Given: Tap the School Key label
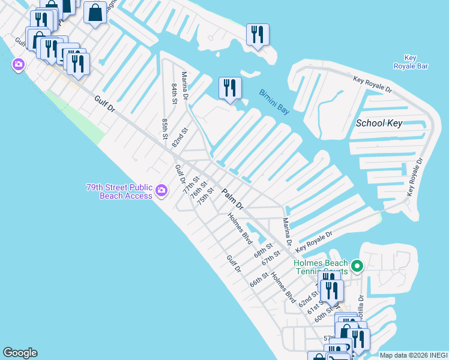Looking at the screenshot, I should [x=379, y=123].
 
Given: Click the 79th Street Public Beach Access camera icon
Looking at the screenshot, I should [x=161, y=191].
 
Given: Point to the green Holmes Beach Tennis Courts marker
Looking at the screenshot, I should [x=357, y=265].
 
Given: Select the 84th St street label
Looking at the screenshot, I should [x=174, y=94].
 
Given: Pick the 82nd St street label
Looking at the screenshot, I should [x=180, y=137].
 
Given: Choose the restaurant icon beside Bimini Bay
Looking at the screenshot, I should [x=230, y=88].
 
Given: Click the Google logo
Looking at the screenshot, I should [x=20, y=353].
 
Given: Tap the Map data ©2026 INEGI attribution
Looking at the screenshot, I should [x=413, y=355].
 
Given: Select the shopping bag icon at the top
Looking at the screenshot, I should [x=95, y=13].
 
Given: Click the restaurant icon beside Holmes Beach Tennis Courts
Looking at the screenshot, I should [x=331, y=290].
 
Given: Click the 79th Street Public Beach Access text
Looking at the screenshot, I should [x=119, y=191].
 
